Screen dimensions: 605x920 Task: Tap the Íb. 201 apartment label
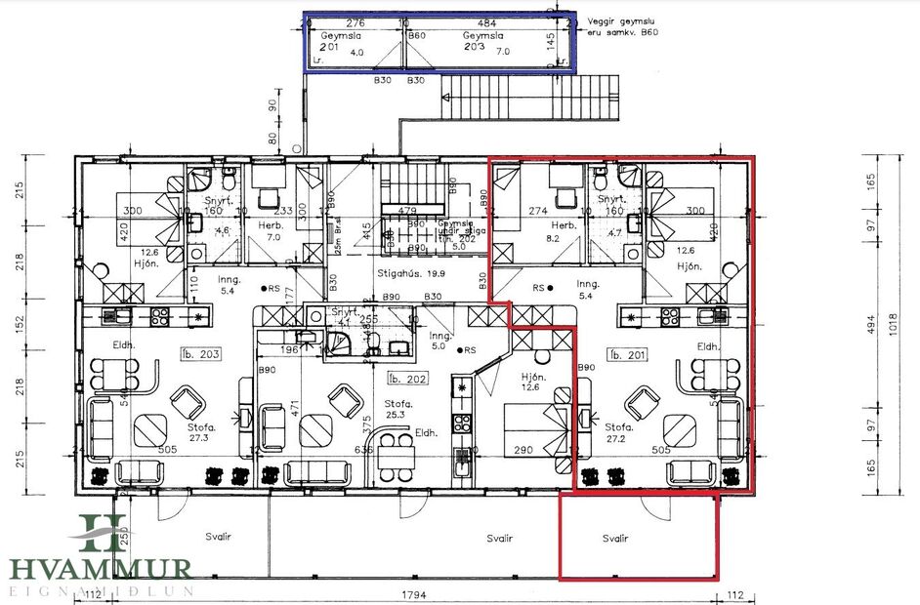[626, 354]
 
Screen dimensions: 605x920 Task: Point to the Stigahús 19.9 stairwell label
[410, 274]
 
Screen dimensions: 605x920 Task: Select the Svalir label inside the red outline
[615, 539]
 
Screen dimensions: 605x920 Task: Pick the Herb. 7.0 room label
[272, 230]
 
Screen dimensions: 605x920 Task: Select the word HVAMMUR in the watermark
[101, 569]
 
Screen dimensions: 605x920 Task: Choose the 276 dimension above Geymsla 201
[355, 23]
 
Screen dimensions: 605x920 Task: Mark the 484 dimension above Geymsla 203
[485, 23]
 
